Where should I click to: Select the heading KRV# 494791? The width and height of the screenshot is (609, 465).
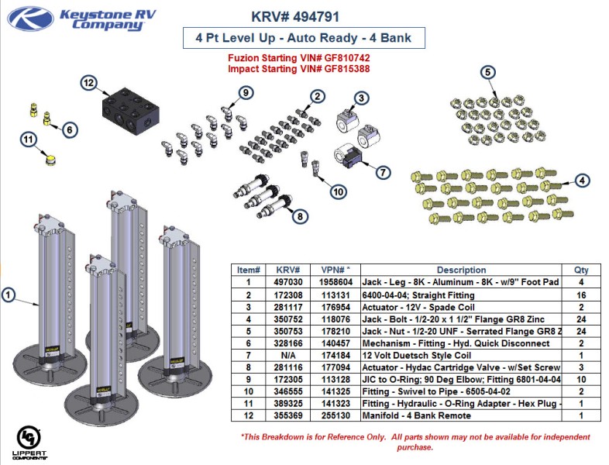295,16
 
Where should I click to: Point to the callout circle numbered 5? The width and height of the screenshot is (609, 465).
487,73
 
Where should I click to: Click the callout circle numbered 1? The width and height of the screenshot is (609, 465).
9,294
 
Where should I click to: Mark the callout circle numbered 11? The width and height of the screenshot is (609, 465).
28,139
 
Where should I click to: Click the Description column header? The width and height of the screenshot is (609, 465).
461,270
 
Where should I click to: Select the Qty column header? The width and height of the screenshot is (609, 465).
580,270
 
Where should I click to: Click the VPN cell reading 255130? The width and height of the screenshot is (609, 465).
336,415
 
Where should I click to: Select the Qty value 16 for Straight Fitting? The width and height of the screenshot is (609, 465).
580,295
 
